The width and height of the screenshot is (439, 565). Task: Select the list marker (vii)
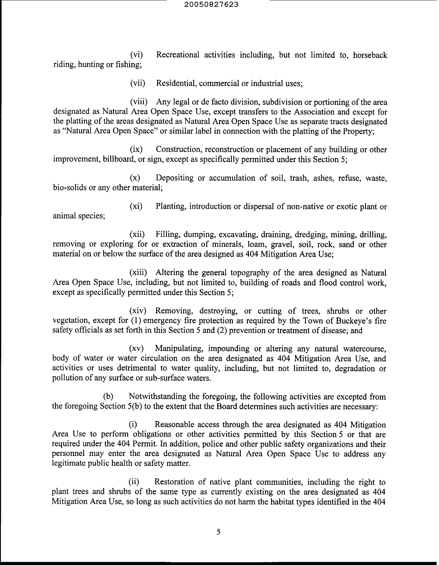point(137,83)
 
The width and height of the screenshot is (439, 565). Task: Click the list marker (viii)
point(139,102)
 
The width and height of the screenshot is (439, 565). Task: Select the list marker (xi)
point(136,206)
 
